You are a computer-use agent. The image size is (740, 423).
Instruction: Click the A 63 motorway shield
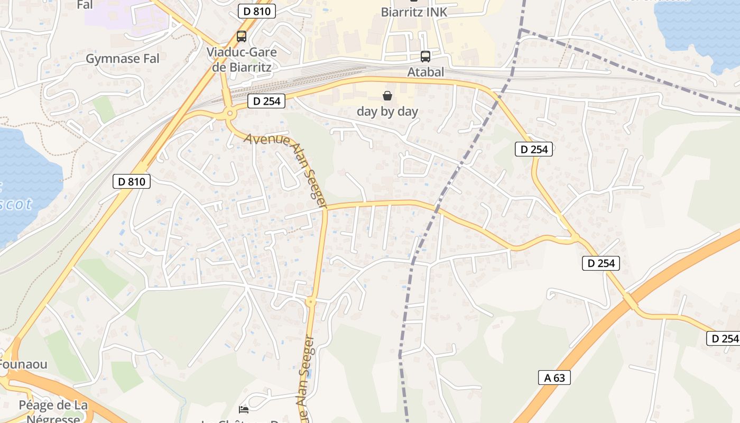554,377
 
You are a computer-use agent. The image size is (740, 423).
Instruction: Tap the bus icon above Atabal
425,56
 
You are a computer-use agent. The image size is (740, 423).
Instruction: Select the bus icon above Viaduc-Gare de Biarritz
242,36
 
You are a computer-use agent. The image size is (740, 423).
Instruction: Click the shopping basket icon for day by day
387,96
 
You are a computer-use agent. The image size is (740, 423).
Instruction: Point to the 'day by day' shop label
387,112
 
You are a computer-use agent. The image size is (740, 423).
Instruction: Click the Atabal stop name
425,72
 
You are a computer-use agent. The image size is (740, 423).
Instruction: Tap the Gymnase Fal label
123,59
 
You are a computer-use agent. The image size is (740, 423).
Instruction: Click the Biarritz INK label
414,12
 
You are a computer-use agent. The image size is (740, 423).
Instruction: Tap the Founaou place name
23,364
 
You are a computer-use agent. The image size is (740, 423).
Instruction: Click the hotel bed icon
244,409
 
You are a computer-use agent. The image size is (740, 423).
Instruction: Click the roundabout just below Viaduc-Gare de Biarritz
230,113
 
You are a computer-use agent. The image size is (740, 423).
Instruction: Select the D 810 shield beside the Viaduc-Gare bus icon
257,11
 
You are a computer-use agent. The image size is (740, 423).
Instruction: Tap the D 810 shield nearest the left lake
132,181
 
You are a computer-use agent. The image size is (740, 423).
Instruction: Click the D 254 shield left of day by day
266,100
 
